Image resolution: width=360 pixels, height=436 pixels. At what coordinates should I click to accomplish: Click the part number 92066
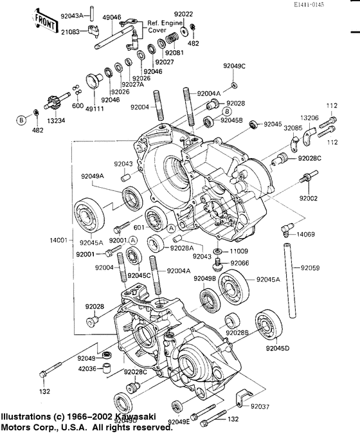tap(240, 263)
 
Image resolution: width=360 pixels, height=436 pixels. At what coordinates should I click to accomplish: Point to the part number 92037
tap(260, 406)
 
